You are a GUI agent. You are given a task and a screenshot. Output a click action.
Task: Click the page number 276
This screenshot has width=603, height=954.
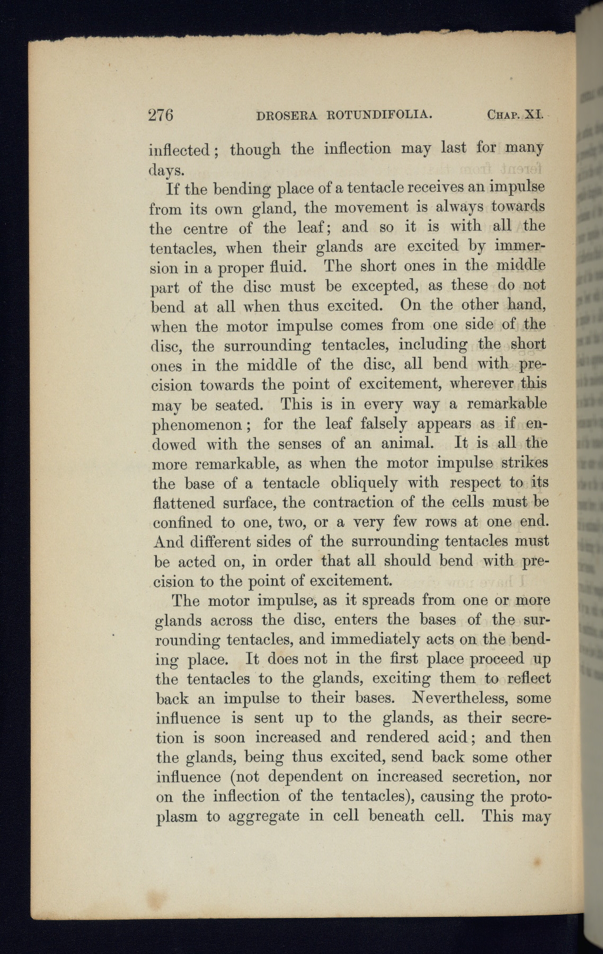pos(161,115)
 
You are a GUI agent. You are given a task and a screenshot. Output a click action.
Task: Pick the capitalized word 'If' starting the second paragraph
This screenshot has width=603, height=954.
pos(172,189)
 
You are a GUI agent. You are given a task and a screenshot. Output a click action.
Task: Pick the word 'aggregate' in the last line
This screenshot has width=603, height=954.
pos(263,816)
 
